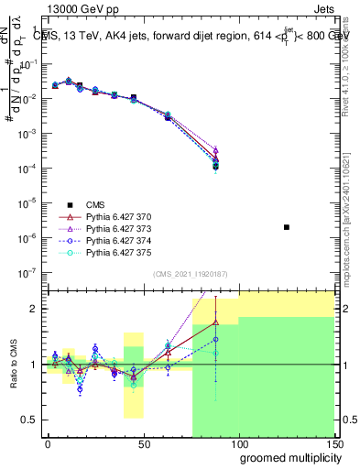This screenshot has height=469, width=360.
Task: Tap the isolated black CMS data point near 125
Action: pyautogui.click(x=287, y=226)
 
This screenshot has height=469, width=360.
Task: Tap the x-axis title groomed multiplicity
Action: pyautogui.click(x=287, y=457)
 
